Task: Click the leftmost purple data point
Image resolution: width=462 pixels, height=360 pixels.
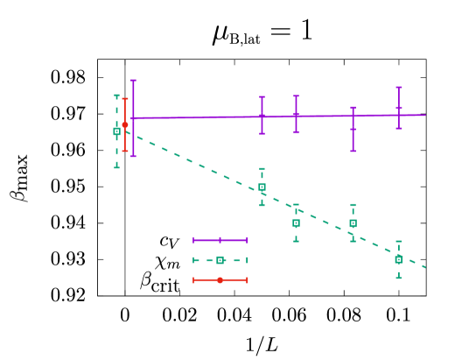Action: tap(133, 117)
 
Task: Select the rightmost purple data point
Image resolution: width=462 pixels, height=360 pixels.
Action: tap(399, 108)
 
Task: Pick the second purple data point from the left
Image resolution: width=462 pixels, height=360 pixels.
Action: tap(262, 115)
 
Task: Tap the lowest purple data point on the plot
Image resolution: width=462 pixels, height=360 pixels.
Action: tap(353, 129)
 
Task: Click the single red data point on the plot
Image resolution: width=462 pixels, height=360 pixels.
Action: tap(125, 124)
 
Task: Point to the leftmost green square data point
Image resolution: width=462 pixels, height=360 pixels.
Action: tap(116, 131)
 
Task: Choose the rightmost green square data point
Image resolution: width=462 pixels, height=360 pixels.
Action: tap(399, 259)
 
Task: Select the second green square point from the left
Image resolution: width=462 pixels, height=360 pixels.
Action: tap(262, 187)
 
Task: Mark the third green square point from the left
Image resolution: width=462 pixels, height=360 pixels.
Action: tap(296, 222)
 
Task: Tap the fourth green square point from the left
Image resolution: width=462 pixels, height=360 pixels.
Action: tap(353, 222)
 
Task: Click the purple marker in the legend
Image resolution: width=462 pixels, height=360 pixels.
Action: tap(220, 240)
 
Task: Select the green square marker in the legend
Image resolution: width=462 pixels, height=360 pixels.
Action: tap(220, 260)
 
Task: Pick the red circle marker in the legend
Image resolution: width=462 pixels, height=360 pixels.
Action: tap(220, 280)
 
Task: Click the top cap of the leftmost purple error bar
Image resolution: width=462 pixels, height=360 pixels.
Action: tap(133, 80)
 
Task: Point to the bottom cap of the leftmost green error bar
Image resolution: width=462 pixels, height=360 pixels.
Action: tap(116, 167)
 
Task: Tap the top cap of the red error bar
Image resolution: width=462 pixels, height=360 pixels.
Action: tap(125, 98)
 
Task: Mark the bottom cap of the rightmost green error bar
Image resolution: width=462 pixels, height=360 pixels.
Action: tap(399, 278)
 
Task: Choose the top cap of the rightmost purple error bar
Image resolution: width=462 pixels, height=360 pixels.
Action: tap(399, 87)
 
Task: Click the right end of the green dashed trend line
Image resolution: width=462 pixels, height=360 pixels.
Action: tap(426, 267)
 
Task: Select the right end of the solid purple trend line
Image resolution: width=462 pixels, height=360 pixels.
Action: tap(425, 115)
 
